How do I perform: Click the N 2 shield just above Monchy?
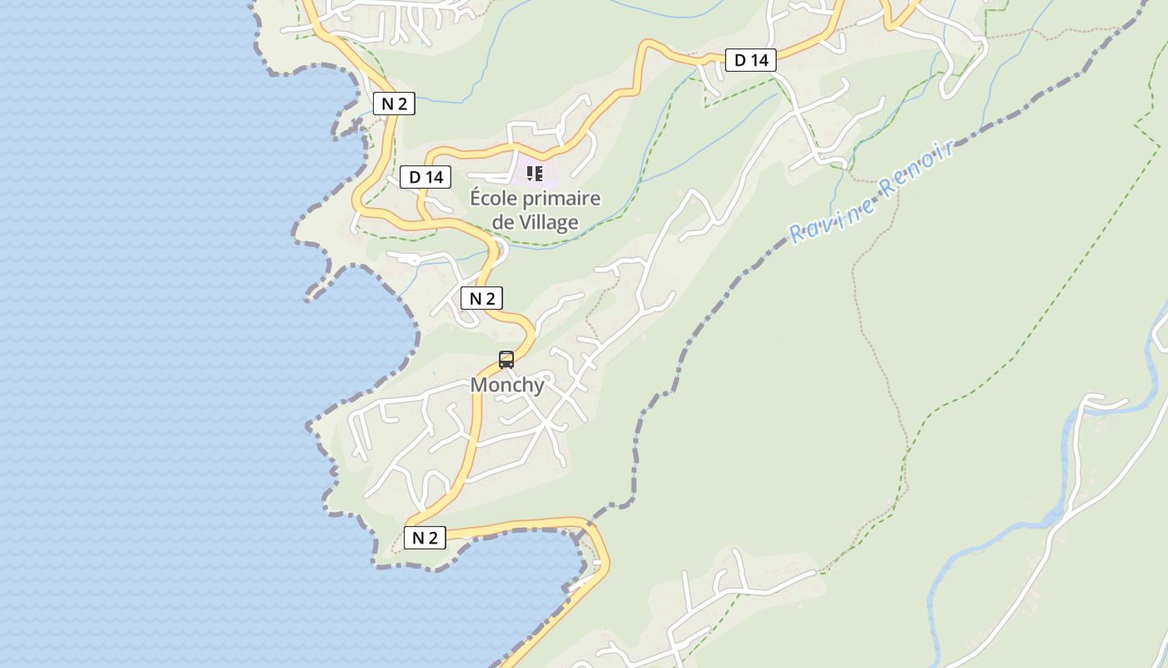(481, 298)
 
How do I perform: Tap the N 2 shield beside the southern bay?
(425, 538)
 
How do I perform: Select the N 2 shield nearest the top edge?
(394, 104)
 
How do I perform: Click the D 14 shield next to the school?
(425, 177)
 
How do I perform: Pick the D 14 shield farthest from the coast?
(751, 60)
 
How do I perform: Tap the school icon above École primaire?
(535, 174)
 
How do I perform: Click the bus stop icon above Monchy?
(506, 360)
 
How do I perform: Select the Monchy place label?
(507, 385)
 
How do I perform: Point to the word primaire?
(564, 199)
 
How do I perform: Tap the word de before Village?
(503, 223)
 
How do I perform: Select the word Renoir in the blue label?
(915, 170)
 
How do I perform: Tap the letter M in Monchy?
(479, 385)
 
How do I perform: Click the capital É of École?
(476, 199)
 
